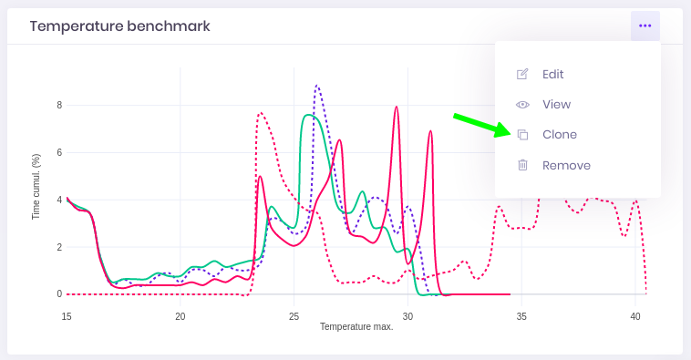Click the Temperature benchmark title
click(x=119, y=26)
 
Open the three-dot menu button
click(x=645, y=26)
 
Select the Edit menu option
click(x=552, y=74)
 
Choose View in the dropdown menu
click(x=556, y=104)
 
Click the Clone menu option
click(x=559, y=134)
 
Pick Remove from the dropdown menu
click(x=566, y=165)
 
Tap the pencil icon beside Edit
click(x=522, y=74)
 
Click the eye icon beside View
click(x=522, y=104)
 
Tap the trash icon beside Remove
click(x=522, y=165)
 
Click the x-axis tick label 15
click(x=67, y=315)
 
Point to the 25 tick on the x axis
click(x=294, y=315)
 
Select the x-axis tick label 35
click(x=521, y=315)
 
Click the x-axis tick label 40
click(x=634, y=315)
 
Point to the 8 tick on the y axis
click(x=59, y=105)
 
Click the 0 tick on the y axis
click(x=59, y=293)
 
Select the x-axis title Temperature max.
click(x=356, y=326)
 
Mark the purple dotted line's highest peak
click(x=317, y=86)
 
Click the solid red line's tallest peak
click(x=397, y=107)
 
